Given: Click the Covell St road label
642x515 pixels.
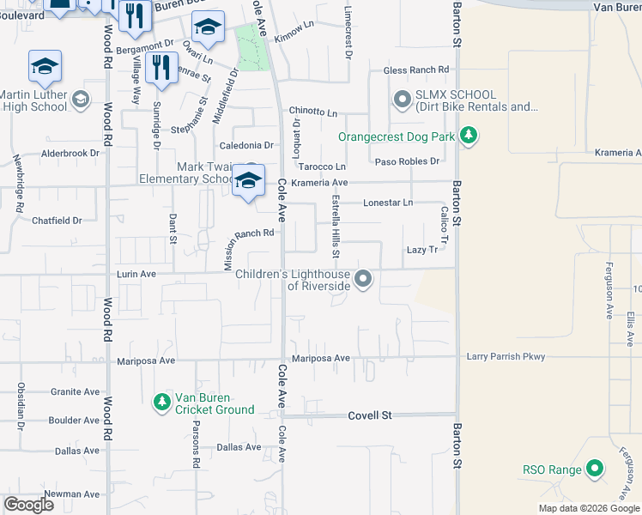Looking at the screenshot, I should click(x=369, y=415).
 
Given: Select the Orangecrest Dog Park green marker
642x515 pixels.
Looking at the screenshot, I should click(x=468, y=136).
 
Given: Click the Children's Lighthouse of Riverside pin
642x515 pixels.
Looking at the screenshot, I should click(x=363, y=278).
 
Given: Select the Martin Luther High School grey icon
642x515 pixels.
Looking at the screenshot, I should click(x=81, y=100).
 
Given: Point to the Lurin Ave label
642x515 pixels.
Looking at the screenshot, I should click(x=136, y=275).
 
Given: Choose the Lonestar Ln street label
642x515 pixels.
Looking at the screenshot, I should click(x=388, y=203).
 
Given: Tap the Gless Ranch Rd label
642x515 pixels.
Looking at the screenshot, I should click(x=416, y=70).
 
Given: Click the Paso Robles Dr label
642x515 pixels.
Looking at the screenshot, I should click(x=407, y=161).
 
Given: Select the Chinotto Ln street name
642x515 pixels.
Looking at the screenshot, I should click(x=312, y=112).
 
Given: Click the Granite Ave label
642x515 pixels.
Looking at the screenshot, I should click(x=75, y=391).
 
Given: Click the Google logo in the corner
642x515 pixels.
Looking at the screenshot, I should click(x=28, y=505).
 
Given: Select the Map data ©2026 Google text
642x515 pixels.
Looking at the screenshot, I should click(x=588, y=508).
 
